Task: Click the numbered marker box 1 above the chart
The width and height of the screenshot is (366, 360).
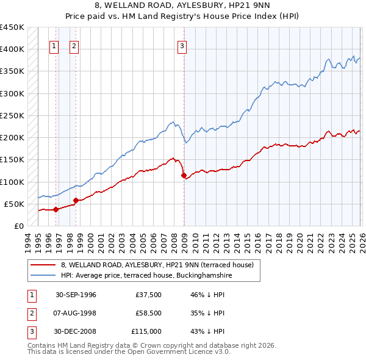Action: pos(54,45)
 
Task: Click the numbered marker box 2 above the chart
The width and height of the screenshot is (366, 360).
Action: pos(74,45)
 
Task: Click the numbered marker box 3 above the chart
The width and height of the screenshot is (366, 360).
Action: pos(182,45)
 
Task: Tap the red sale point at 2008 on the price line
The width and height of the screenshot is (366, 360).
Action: pos(184,176)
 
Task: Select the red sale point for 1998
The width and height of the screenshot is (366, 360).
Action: pos(76,200)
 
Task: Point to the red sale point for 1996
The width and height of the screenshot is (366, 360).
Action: pos(56,209)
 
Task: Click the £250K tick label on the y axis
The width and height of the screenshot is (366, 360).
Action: pos(12,115)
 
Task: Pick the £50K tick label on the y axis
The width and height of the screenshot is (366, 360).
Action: pos(15,204)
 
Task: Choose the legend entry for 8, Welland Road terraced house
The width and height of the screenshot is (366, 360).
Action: pos(160,265)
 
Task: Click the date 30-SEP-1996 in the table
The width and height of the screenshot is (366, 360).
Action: pos(76,295)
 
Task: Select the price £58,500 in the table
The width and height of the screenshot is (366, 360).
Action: pos(149,313)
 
